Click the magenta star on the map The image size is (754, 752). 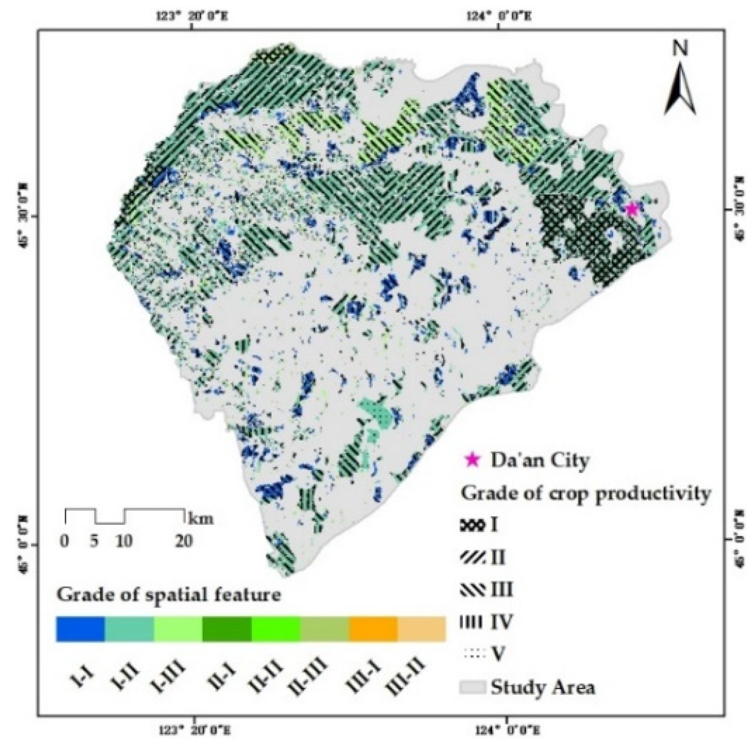pyautogui.click(x=632, y=209)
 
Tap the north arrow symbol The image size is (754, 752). pyautogui.click(x=681, y=90)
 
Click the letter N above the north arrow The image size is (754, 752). pyautogui.click(x=681, y=49)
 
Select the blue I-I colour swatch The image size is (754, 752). pyautogui.click(x=80, y=629)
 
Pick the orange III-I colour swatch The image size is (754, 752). pyautogui.click(x=373, y=629)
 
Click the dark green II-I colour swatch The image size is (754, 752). pyautogui.click(x=227, y=629)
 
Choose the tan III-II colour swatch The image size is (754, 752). pyautogui.click(x=422, y=629)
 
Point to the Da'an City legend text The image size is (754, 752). pyautogui.click(x=540, y=460)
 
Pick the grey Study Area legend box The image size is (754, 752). pyautogui.click(x=472, y=687)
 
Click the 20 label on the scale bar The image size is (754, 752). pyautogui.click(x=184, y=541)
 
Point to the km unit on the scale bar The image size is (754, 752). pyautogui.click(x=201, y=518)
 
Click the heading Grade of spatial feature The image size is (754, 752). pyautogui.click(x=169, y=595)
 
